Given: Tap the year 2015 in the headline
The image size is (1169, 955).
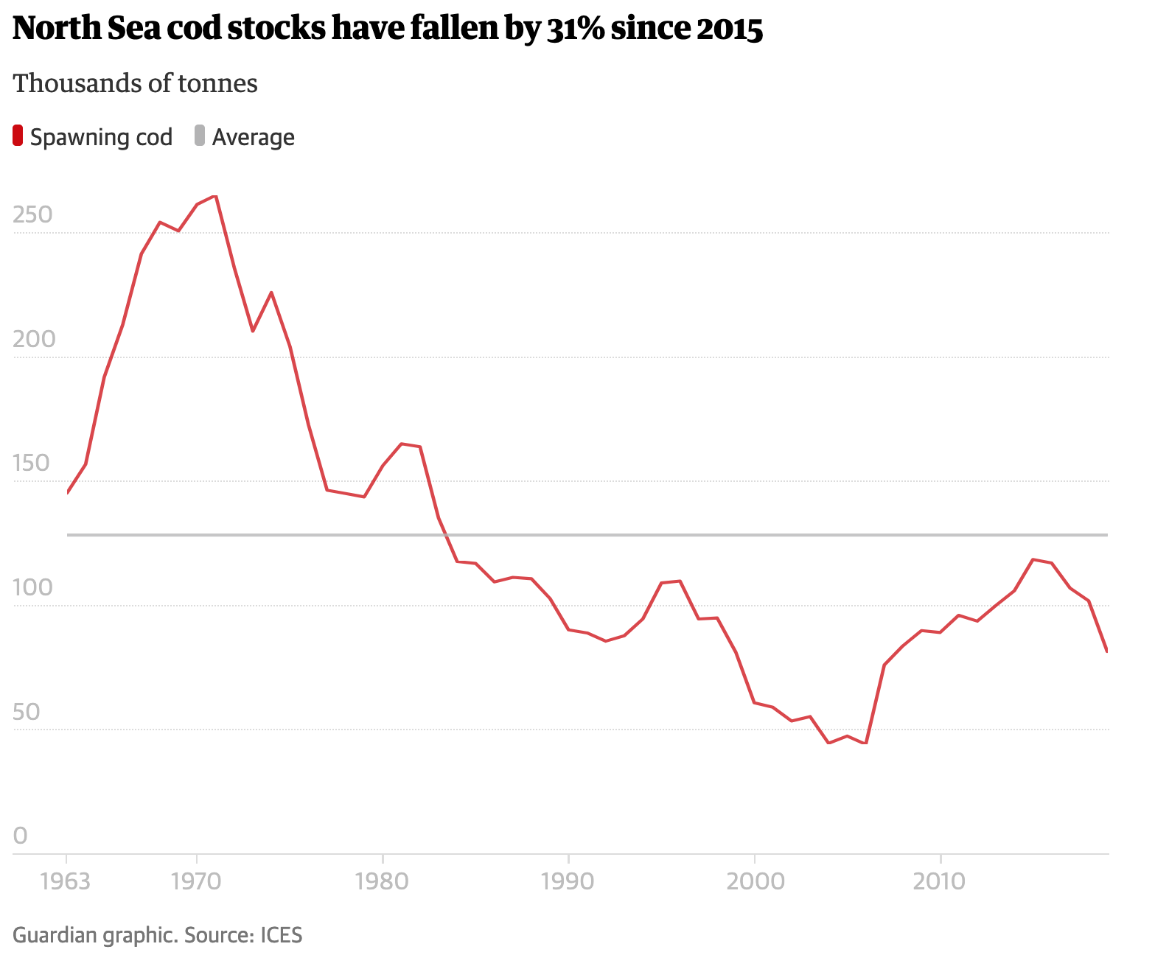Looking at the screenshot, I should point(728,28).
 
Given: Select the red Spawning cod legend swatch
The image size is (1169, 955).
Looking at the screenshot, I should point(18,136).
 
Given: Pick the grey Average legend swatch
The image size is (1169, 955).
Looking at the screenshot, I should point(200,136).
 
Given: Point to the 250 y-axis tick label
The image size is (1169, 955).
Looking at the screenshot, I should point(33,214).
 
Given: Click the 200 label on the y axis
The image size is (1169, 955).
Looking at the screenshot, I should point(34,339).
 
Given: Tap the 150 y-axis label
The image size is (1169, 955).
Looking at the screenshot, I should point(32,463).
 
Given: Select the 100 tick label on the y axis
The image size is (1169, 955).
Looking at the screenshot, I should point(33,587).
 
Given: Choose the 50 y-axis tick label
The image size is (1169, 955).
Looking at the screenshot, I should point(27,712).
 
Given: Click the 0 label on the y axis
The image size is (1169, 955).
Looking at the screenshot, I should point(20,836).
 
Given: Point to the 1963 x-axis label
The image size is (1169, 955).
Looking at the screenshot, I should point(66,881).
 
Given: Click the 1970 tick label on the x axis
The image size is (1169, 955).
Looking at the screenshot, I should point(196,881).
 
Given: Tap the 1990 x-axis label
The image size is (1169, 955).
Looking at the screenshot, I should point(568,881).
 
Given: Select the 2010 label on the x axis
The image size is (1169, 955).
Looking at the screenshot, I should point(939,881).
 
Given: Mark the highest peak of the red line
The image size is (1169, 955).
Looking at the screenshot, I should point(214,196).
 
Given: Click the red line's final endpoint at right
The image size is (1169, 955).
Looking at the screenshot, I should point(1107,651).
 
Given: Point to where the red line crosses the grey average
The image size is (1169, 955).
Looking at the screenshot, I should point(447,535).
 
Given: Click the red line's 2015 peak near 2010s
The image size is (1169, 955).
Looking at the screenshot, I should point(1033,559).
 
